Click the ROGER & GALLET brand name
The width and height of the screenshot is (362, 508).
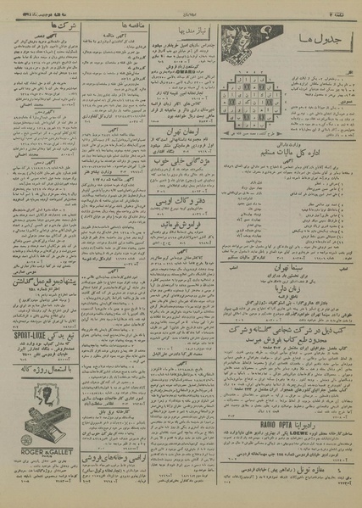click(x=42, y=465)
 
